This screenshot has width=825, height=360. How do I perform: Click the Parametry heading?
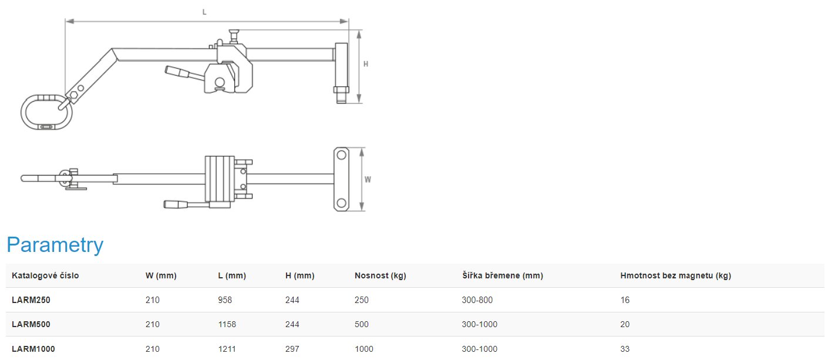coord(55,245)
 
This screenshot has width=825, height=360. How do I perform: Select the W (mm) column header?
coord(161,275)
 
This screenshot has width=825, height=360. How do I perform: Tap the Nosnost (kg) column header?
coord(380,275)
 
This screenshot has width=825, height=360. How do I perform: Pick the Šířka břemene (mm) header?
coord(503,275)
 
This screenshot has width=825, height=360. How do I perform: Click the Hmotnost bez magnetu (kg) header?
coord(675,275)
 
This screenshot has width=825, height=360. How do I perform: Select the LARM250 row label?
coord(31,300)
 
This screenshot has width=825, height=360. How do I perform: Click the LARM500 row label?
coord(31,324)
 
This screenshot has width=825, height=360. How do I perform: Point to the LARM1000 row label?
coord(33,349)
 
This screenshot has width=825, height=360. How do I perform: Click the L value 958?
coord(225,300)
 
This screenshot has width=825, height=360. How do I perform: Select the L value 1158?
coord(227,324)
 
